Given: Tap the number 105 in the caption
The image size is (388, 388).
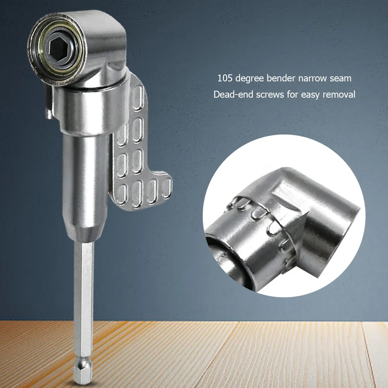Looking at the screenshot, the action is coord(225,78).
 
